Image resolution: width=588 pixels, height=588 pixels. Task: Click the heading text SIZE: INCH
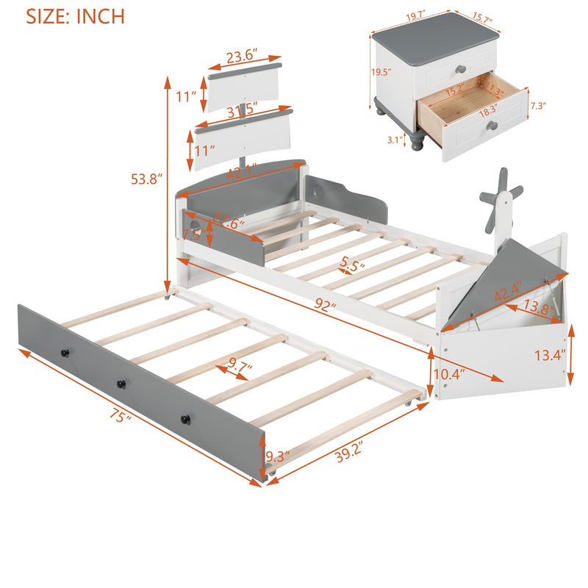75,16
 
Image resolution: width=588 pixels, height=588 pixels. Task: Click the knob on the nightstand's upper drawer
461,68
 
